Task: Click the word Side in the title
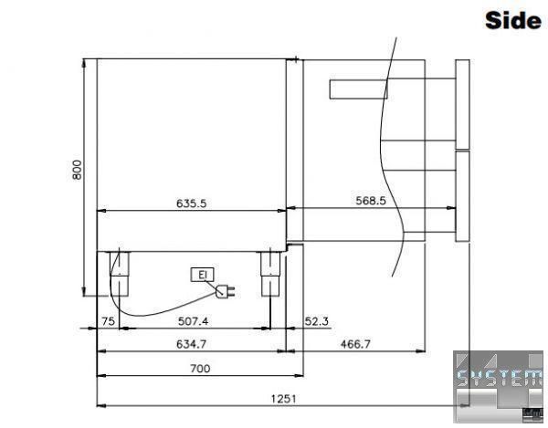pyautogui.click(x=513, y=20)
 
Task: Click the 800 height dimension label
pyautogui.click(x=77, y=170)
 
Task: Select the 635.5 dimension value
pyautogui.click(x=191, y=204)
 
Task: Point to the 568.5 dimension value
pyautogui.click(x=371, y=201)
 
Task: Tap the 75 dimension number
pyautogui.click(x=108, y=321)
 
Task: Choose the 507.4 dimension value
pyautogui.click(x=193, y=321)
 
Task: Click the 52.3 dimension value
pyautogui.click(x=317, y=321)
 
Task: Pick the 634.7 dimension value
pyautogui.click(x=191, y=344)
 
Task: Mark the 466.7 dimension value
pyautogui.click(x=355, y=344)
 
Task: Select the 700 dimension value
pyautogui.click(x=200, y=369)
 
